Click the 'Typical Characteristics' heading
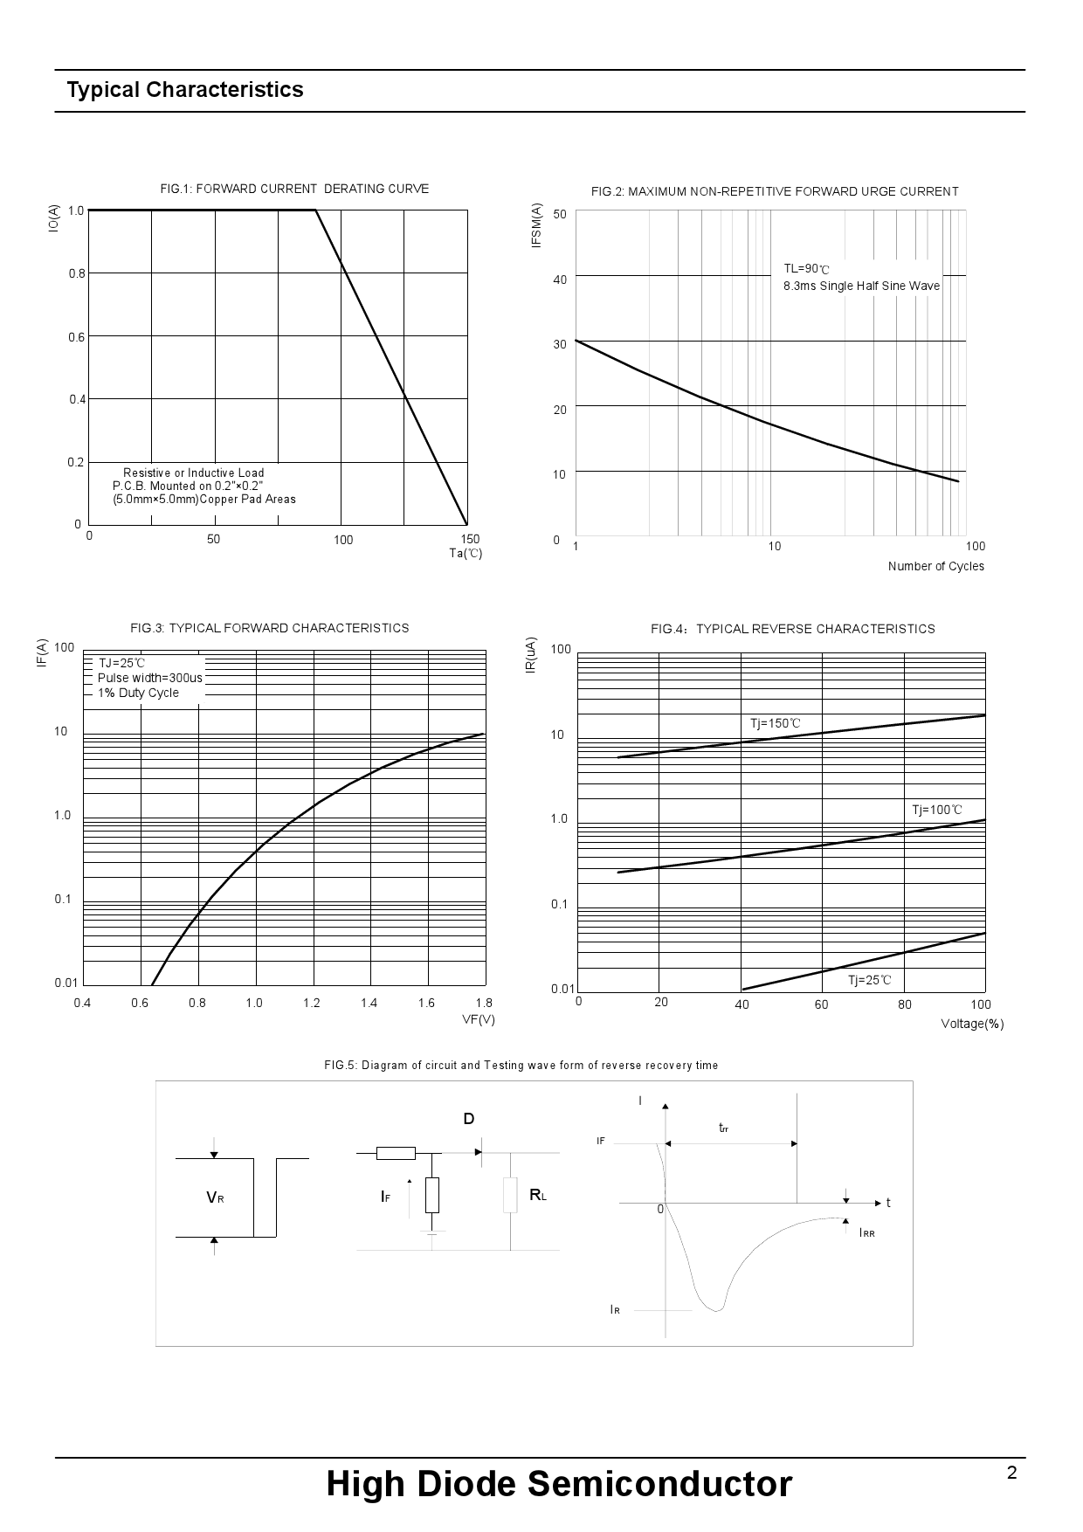coord(185,90)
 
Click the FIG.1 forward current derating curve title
coord(294,189)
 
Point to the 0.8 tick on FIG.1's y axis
coord(77,274)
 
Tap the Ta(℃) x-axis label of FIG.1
coord(466,553)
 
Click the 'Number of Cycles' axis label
coord(935,566)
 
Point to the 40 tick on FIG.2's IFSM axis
coord(559,279)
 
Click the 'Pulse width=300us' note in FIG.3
coord(150,678)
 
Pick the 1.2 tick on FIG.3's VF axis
coord(312,1003)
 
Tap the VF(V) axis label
coord(478,1019)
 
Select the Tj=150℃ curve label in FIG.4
coord(775,723)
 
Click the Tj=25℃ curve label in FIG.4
coord(869,980)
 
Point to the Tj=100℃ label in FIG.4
coord(936,810)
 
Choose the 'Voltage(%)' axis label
coord(972,1024)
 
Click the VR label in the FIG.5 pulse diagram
coord(215,1197)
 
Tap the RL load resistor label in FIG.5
coord(537,1194)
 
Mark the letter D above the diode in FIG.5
coord(469,1119)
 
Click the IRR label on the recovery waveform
coord(866,1232)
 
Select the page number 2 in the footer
coord(1011,1473)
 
